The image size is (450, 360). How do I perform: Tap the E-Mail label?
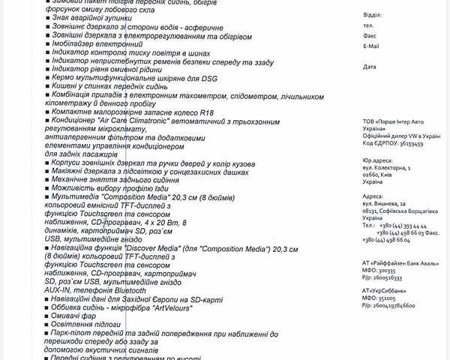click(x=370, y=46)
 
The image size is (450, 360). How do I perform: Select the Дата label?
click(x=369, y=67)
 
